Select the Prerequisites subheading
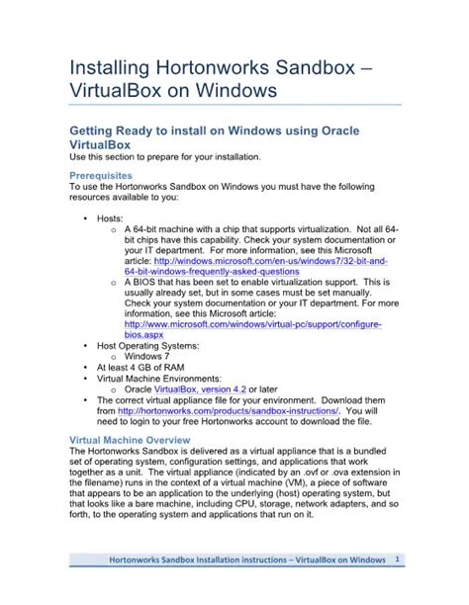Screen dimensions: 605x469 pos(105,174)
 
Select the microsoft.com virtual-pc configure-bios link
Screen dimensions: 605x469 pos(252,324)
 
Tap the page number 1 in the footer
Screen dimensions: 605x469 pos(396,561)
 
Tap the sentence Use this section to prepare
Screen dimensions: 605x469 pos(162,156)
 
